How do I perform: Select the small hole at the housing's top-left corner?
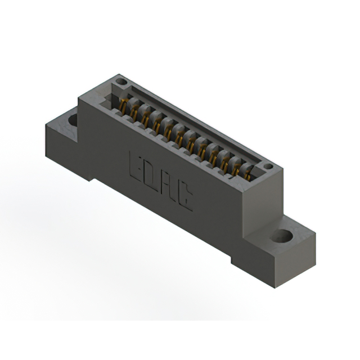(x=121, y=82)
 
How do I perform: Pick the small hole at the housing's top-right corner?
(x=268, y=166)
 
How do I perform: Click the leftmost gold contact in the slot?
(x=122, y=105)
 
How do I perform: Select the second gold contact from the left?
(x=134, y=112)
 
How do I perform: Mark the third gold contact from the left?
(x=146, y=119)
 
